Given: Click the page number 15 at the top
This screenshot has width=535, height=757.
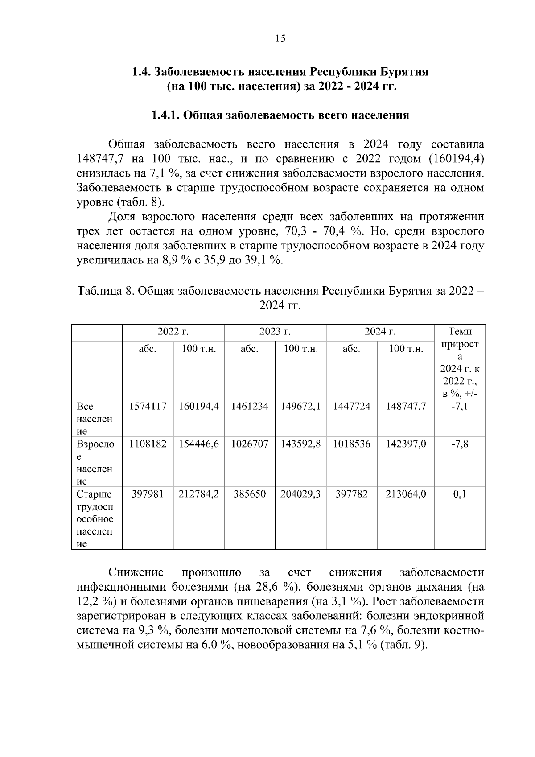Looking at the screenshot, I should click(280, 39).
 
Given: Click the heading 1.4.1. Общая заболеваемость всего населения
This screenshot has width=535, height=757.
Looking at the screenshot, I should click(280, 115).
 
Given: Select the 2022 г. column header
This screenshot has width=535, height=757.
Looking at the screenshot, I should click(173, 332).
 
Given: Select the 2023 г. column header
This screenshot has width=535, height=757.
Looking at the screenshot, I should click(275, 332).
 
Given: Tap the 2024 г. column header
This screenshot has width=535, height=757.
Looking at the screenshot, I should click(380, 332).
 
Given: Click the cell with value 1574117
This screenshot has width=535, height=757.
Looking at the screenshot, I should click(148, 406).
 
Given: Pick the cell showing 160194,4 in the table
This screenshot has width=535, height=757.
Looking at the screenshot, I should click(199, 406).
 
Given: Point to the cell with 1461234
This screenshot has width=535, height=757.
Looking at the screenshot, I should click(250, 406).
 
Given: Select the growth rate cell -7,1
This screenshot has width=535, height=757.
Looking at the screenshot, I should click(459, 406).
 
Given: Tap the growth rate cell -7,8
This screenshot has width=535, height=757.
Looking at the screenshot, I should click(459, 444).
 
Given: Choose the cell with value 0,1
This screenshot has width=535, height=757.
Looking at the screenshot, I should click(459, 494).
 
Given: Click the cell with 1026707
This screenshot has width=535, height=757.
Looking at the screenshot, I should click(250, 444).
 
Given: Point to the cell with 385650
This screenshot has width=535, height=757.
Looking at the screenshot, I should click(250, 494).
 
